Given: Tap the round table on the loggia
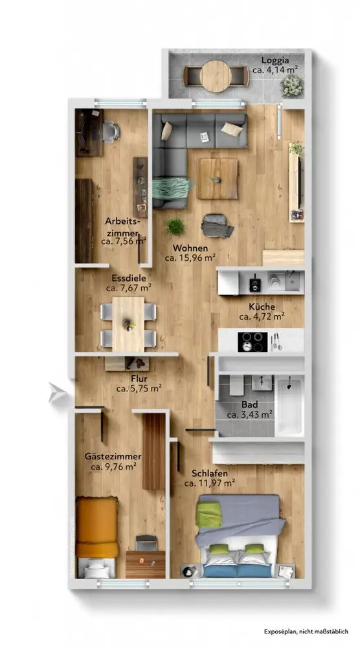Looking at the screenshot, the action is [216, 76].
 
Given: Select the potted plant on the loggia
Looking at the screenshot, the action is [291, 85].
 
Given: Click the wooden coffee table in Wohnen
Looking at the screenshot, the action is [218, 179].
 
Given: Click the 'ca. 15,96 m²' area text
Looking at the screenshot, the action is [190, 258].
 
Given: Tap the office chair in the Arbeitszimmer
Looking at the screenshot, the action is [111, 131].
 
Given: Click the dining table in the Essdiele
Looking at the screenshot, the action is [128, 324].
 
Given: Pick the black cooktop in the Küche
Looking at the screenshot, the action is [253, 341].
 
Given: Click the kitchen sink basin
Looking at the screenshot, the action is [292, 282].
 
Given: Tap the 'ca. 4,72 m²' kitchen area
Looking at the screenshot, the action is [262, 317].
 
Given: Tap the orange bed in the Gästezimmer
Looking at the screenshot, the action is [97, 527].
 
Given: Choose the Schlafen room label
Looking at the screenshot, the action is [210, 474].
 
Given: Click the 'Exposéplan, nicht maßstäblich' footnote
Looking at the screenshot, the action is [306, 631].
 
